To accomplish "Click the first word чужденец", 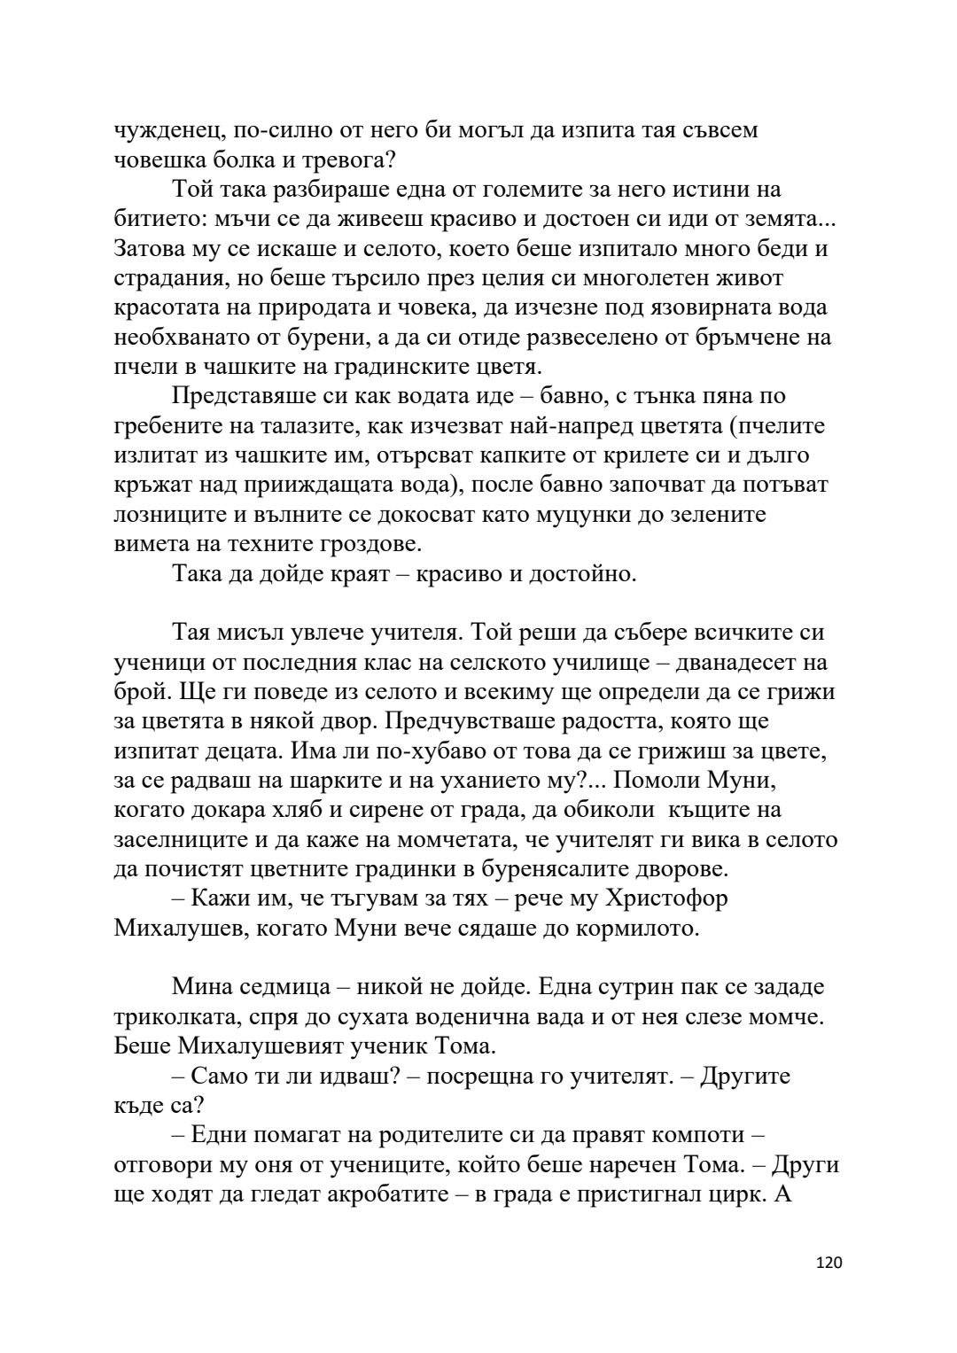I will coord(167,130).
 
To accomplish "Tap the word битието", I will coord(159,219).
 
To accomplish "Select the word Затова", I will coord(152,249).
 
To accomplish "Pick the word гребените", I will coord(168,426).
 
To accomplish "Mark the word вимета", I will coord(147,545).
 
